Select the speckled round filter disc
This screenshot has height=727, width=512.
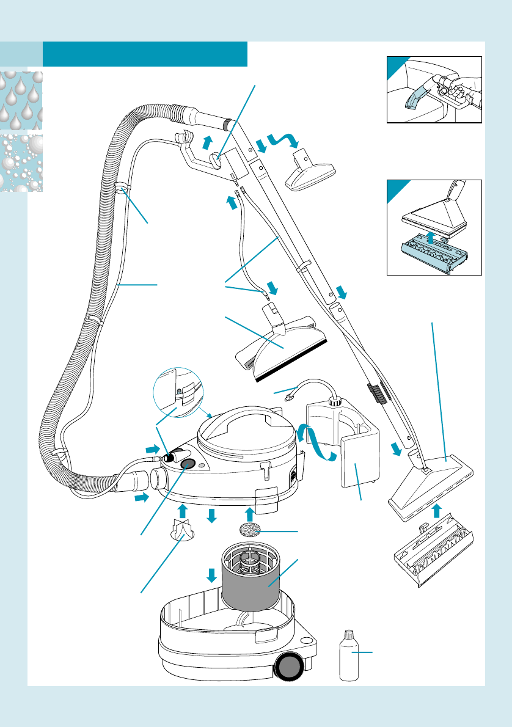[250, 529]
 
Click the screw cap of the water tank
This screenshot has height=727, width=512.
[335, 401]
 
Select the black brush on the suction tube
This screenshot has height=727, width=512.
[377, 394]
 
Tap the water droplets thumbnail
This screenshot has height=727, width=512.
[21, 100]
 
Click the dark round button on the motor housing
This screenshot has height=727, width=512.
[188, 464]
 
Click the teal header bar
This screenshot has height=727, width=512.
[145, 54]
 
